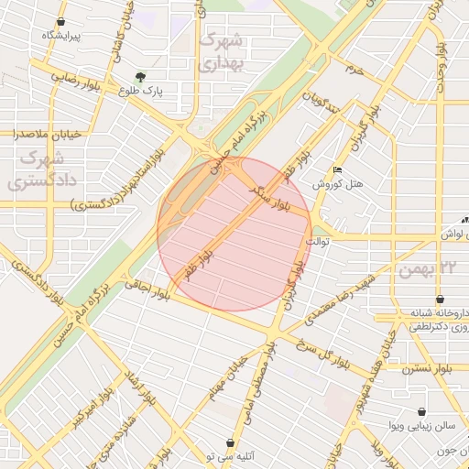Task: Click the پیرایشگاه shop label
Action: pos(61,36)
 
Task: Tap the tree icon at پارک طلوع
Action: pos(140,78)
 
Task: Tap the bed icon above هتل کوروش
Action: pos(338,170)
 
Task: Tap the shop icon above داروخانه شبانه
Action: pos(441,299)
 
